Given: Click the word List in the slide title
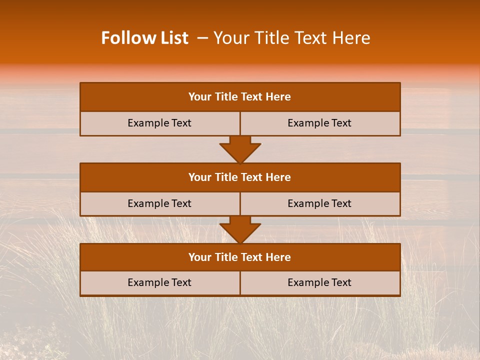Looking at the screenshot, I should click(171, 38).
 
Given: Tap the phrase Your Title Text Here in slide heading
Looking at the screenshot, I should click(292, 38).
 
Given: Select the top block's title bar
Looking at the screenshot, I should click(240, 97).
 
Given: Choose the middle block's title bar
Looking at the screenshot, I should click(240, 177).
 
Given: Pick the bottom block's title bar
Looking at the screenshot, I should click(240, 257).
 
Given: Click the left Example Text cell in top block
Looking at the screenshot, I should click(159, 123).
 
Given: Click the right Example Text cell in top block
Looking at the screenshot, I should click(320, 123).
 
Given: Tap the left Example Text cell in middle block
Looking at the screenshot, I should click(159, 204).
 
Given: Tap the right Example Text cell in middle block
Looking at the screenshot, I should click(320, 204).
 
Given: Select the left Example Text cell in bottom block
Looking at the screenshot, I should click(159, 283).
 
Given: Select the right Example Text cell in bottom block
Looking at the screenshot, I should click(320, 283).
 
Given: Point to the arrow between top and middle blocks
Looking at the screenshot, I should click(240, 149).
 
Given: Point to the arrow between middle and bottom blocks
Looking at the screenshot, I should click(240, 229).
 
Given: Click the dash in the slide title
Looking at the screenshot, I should click(202, 38).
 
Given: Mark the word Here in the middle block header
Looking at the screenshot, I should click(278, 177).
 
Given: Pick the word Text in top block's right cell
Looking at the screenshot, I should click(341, 123).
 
